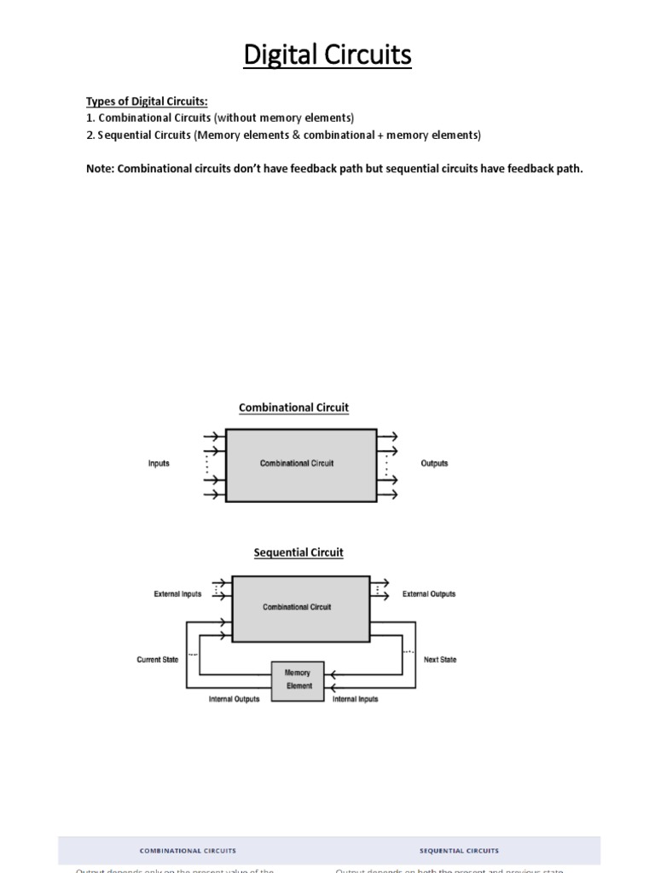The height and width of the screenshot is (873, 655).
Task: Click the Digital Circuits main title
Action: [x=327, y=55]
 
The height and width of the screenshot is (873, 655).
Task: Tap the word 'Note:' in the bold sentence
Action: [x=101, y=168]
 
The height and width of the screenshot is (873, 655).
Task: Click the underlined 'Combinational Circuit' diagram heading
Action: [x=293, y=408]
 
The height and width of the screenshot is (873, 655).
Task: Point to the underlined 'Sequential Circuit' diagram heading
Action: [x=299, y=552]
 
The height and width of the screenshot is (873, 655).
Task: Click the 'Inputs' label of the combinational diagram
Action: [x=159, y=464]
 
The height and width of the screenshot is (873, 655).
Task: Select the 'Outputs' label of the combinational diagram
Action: [x=434, y=464]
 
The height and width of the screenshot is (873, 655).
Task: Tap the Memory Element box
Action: [x=298, y=679]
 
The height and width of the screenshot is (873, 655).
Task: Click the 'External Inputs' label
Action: [x=177, y=594]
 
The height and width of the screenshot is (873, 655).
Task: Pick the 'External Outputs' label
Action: [x=429, y=594]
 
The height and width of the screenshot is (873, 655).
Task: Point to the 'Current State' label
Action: [x=158, y=660]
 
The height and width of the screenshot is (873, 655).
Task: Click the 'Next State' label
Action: [x=440, y=660]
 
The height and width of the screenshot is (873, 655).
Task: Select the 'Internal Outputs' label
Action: [x=234, y=700]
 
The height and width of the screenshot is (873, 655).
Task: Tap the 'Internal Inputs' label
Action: [x=355, y=700]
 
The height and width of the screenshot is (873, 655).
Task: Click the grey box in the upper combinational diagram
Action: [x=297, y=464]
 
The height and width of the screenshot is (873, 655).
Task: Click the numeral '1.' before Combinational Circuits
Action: [x=90, y=118]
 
